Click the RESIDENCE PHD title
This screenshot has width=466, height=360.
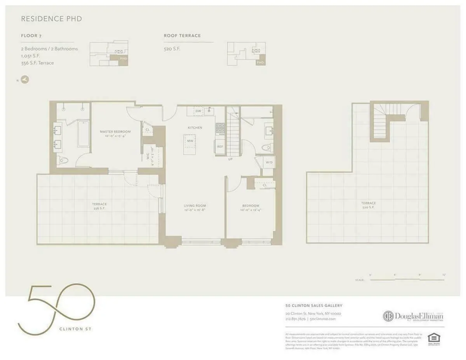51,19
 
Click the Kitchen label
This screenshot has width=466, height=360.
195,128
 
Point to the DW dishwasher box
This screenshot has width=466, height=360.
198,111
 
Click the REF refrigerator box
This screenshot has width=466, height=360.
220,147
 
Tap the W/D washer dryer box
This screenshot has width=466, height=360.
269,163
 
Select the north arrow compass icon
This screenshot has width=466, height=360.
25,80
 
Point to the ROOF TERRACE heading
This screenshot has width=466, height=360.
182,36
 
